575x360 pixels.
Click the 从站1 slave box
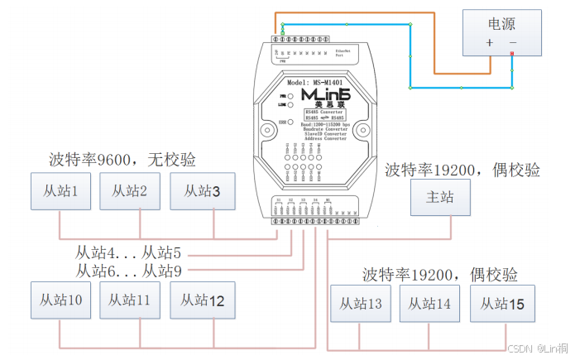click(60, 191)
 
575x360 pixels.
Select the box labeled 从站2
click(130, 191)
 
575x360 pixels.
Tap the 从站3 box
click(201, 191)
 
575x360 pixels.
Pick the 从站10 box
click(60, 300)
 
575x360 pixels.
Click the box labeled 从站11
click(130, 300)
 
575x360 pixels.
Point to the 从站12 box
click(201, 300)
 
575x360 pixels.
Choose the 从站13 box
click(360, 305)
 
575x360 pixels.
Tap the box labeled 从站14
click(429, 305)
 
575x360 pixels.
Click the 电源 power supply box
click(502, 32)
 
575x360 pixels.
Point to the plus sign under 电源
click(489, 42)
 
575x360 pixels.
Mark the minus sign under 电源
click(513, 42)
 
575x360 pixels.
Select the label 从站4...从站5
click(128, 252)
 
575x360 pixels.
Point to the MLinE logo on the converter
click(326, 96)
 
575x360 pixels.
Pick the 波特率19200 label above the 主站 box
click(462, 170)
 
